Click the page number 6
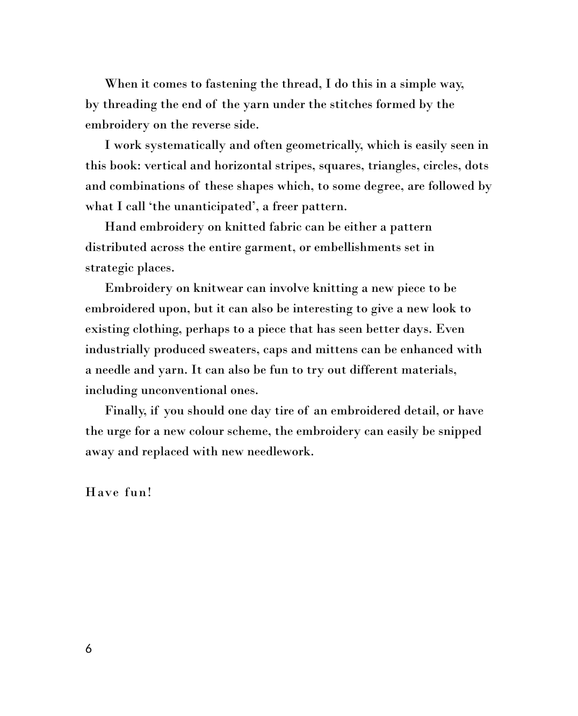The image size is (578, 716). [89, 649]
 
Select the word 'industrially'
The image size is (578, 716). [118, 350]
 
